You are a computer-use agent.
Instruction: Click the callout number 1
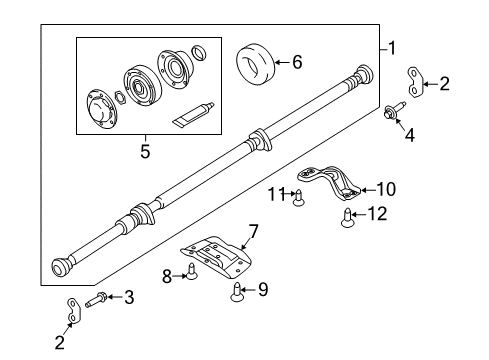(392, 46)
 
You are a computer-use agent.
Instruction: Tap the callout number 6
(296, 62)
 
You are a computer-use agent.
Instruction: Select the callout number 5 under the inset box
(145, 153)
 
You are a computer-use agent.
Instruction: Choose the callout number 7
(253, 232)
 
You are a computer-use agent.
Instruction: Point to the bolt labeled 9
(237, 291)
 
